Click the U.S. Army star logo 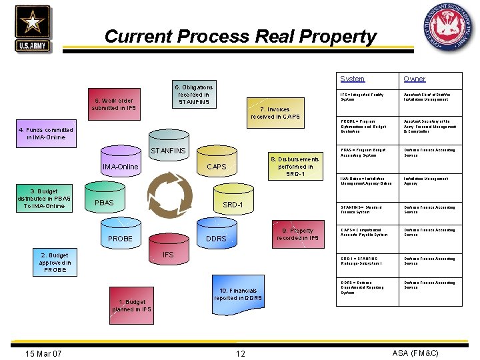[31, 28]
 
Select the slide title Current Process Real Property [240, 36]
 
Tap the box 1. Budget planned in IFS [131, 305]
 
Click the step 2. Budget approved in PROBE [55, 262]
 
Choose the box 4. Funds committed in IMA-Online [46, 133]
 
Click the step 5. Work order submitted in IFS [114, 104]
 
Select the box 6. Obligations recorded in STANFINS [194, 95]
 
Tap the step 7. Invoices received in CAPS [275, 113]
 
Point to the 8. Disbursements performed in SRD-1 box [295, 167]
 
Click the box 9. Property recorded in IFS [297, 234]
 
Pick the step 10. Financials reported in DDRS [238, 295]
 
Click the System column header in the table [352, 79]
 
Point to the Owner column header [414, 79]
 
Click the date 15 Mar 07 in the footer [43, 353]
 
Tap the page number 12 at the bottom [241, 353]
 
